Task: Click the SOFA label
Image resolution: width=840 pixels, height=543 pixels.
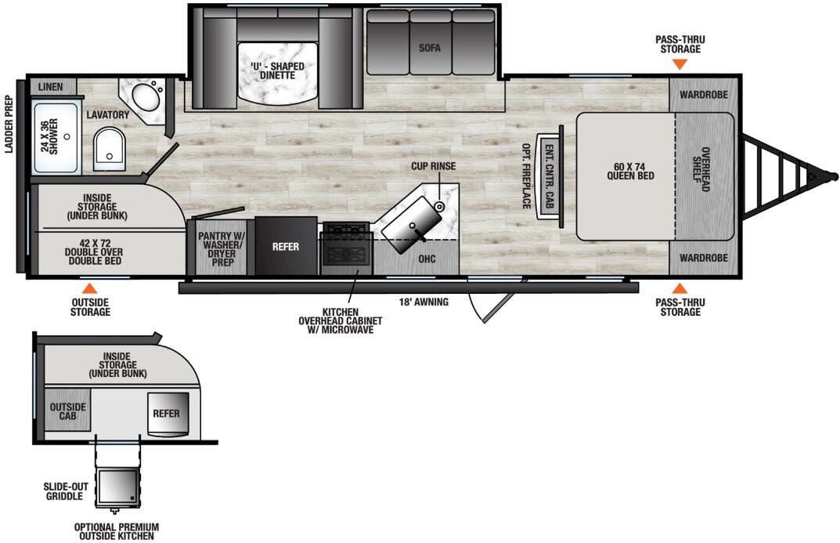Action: coord(430,48)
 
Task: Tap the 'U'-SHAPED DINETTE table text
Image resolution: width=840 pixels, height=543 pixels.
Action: coord(278,71)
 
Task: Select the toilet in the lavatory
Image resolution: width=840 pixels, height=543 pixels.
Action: coord(109,150)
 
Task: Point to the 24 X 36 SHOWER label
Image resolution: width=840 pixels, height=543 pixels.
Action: coord(49,138)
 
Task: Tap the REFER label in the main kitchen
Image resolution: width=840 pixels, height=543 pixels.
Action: coord(286,246)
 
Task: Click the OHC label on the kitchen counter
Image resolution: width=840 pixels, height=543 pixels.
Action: coord(427,259)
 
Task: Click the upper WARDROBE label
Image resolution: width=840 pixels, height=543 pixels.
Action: coord(703,95)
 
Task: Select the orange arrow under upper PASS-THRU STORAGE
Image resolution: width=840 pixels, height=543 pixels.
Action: coord(680,64)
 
